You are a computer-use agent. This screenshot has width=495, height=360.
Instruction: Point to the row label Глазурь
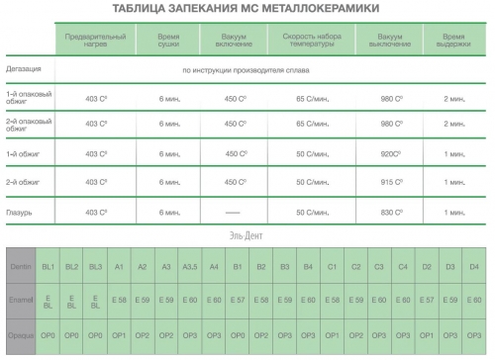(20, 212)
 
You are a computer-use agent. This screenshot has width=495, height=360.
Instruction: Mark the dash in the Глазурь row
(234, 212)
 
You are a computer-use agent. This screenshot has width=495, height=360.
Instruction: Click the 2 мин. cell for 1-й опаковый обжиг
(454, 99)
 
